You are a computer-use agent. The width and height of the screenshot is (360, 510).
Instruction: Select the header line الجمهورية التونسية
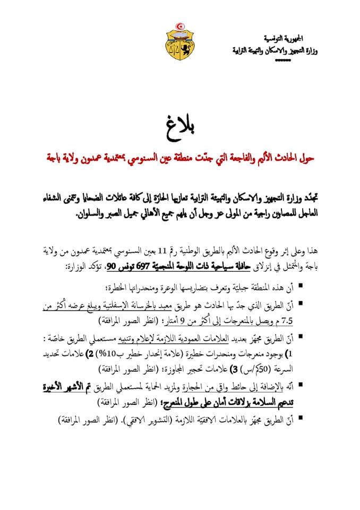tap(284, 40)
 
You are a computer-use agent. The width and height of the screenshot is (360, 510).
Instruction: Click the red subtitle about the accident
tap(180, 157)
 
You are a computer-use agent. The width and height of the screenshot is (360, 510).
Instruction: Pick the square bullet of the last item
tap(301, 418)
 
